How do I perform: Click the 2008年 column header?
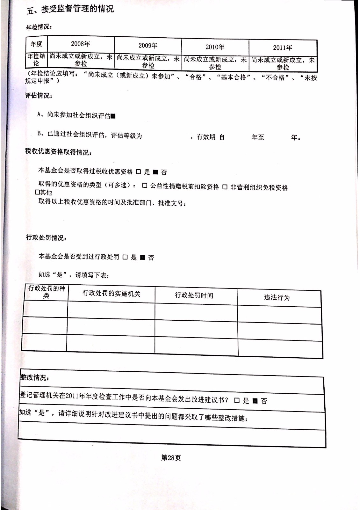click(x=80, y=44)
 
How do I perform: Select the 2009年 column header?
click(x=148, y=46)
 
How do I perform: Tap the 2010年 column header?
click(x=215, y=47)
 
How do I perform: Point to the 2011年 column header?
click(x=282, y=48)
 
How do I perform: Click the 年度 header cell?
click(x=36, y=44)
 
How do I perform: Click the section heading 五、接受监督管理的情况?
click(x=70, y=9)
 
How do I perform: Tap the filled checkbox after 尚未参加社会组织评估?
click(x=113, y=116)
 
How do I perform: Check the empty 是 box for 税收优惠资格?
click(x=138, y=172)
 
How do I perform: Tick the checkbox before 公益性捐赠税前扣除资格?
click(x=145, y=186)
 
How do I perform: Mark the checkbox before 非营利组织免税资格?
click(x=225, y=187)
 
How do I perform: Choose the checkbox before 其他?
click(x=37, y=193)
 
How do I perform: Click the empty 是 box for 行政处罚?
click(x=125, y=257)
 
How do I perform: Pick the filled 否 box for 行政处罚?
click(x=142, y=258)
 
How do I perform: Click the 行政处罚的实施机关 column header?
click(x=111, y=294)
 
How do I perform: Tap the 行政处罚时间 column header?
click(x=194, y=295)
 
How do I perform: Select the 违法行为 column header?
click(x=277, y=298)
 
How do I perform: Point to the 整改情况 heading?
click(x=34, y=377)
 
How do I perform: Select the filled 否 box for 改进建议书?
click(x=255, y=401)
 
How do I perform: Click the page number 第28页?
click(x=171, y=458)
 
